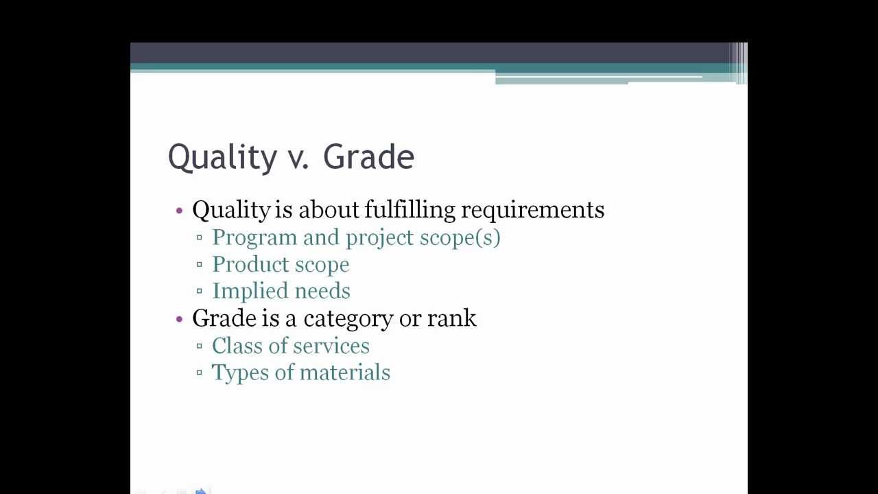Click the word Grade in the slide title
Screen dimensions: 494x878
pos(368,156)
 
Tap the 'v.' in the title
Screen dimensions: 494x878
pos(298,158)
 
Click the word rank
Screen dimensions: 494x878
pos(451,318)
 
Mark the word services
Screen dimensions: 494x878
pos(331,346)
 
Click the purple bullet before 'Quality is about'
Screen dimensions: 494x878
pos(180,210)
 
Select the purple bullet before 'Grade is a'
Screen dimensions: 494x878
pos(180,318)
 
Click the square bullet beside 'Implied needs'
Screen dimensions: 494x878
pos(200,292)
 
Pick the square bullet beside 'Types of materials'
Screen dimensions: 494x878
pos(200,373)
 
